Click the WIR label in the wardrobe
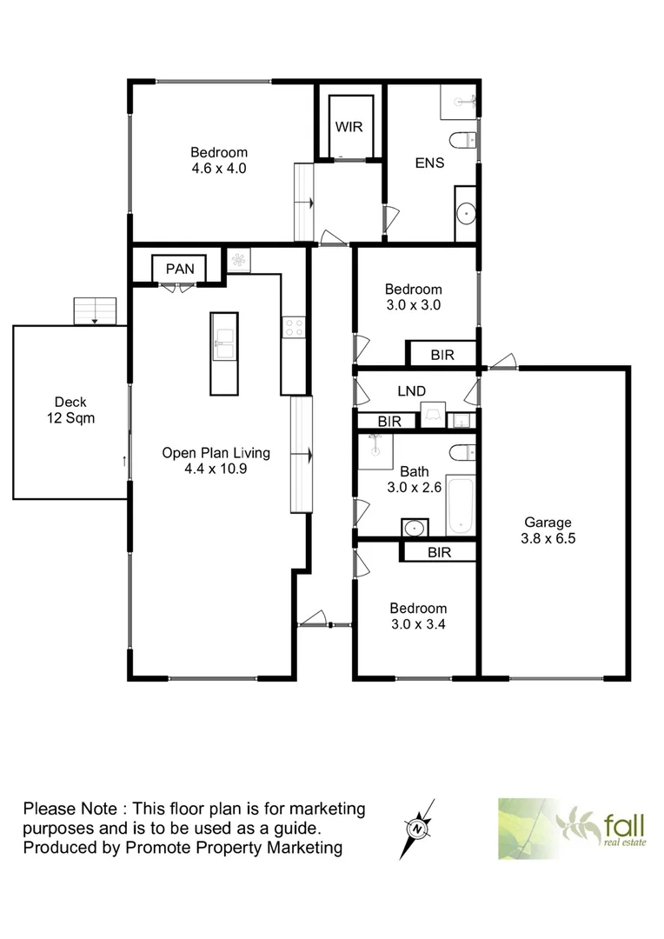(350, 127)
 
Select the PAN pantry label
(180, 269)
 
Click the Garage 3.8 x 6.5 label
(548, 530)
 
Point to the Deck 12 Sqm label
(70, 410)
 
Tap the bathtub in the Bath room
(460, 504)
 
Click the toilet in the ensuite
(463, 139)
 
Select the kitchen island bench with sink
(223, 353)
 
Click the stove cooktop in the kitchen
(294, 327)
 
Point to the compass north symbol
(418, 827)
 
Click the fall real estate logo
(571, 828)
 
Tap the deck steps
(95, 310)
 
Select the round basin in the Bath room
(415, 527)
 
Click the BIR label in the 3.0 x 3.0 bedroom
(442, 355)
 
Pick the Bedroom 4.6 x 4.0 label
(220, 161)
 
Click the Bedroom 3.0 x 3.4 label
(418, 616)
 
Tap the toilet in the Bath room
(463, 451)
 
